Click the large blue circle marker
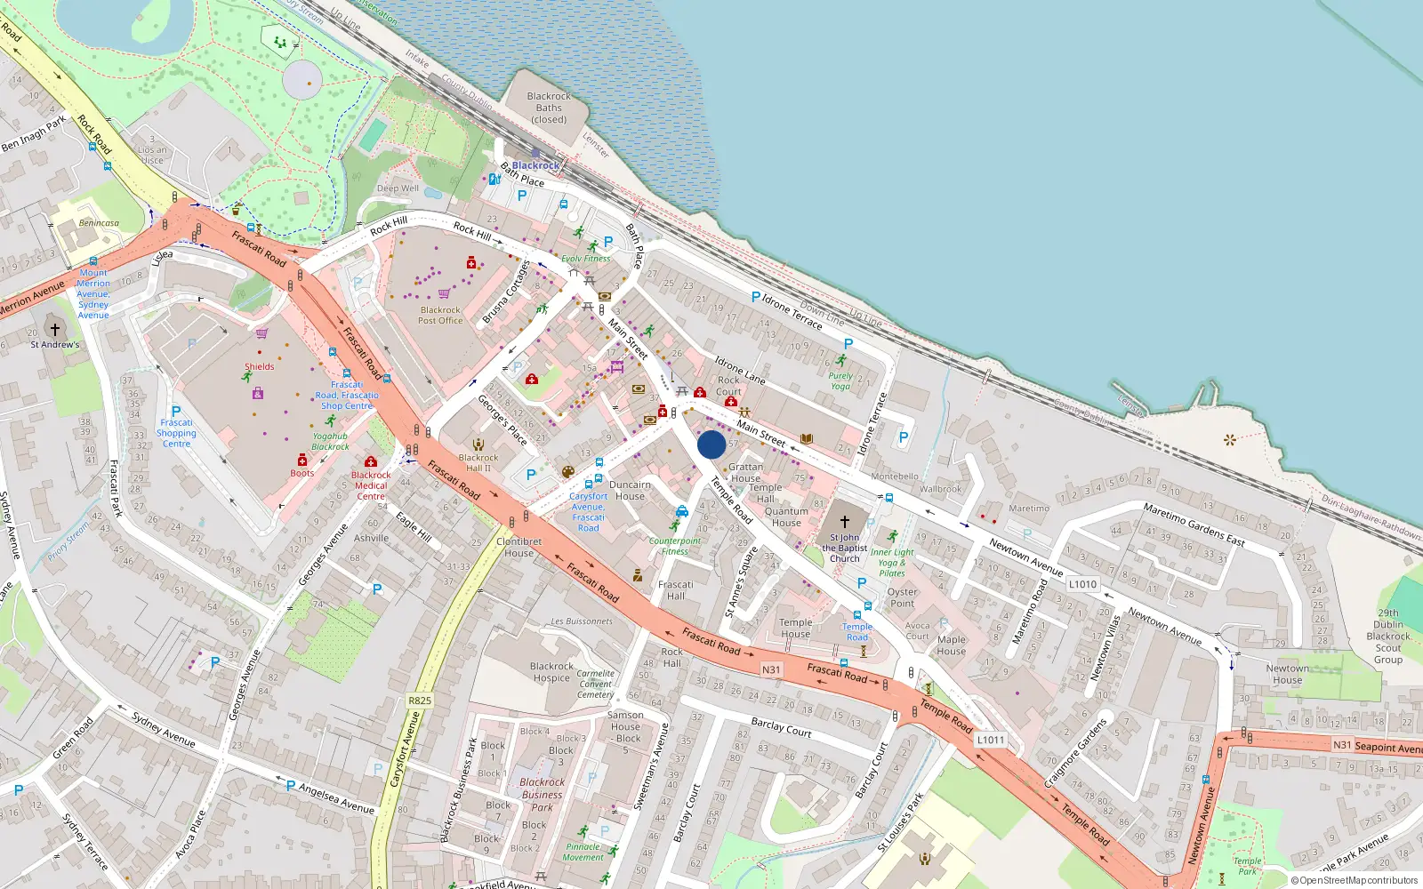click(x=711, y=444)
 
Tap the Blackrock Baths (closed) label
click(x=549, y=108)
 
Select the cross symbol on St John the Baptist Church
click(x=845, y=522)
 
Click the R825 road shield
click(x=420, y=701)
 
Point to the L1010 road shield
click(x=1082, y=584)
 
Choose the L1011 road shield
click(x=990, y=740)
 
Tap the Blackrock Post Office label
click(x=440, y=316)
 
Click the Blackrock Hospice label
click(x=551, y=671)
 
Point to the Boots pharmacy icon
click(x=302, y=460)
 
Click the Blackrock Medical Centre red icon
click(x=371, y=461)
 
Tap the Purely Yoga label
click(x=840, y=380)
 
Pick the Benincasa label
click(x=99, y=223)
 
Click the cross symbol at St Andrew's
click(x=55, y=329)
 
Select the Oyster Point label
click(x=902, y=597)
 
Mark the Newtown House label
click(x=1287, y=674)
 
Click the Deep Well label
click(x=398, y=188)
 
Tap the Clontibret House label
click(x=519, y=547)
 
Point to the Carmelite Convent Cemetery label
click(x=595, y=684)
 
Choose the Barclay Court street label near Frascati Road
click(x=781, y=727)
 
